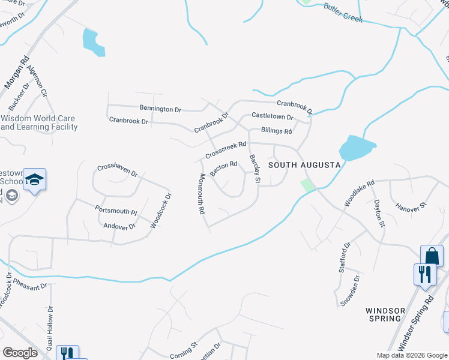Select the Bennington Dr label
(x=160, y=109)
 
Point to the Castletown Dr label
(x=272, y=116)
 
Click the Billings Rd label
(x=276, y=131)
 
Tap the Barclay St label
(x=255, y=169)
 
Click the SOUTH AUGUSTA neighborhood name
(x=304, y=164)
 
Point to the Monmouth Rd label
(x=202, y=194)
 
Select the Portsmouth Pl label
(x=116, y=211)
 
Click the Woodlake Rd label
(x=359, y=193)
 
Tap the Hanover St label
(x=410, y=206)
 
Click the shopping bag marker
(x=432, y=256)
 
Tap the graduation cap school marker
(x=35, y=179)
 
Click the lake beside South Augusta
(x=356, y=149)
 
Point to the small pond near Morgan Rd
(x=92, y=43)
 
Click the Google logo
(x=20, y=352)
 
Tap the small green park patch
(x=307, y=185)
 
